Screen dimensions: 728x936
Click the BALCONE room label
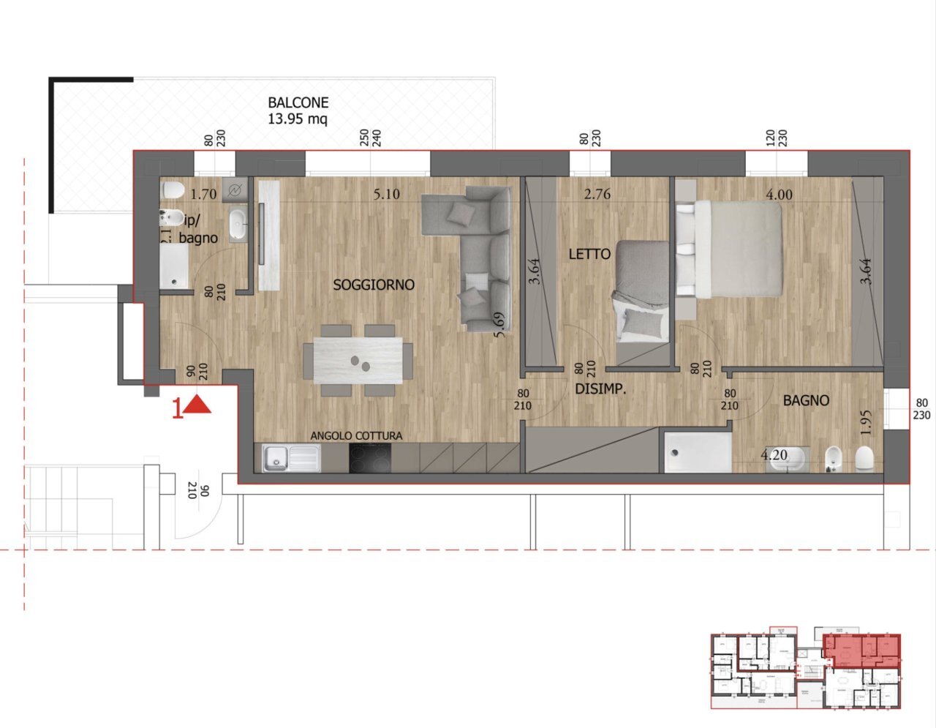click(298, 103)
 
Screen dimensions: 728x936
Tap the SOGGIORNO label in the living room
click(374, 285)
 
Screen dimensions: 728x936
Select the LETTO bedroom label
click(589, 254)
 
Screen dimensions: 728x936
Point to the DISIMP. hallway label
click(600, 389)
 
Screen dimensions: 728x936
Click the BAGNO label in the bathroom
click(806, 400)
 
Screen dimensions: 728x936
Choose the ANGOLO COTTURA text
click(356, 435)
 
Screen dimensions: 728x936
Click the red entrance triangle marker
click(197, 405)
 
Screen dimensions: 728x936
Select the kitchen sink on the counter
click(291, 459)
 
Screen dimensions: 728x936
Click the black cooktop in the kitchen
click(369, 459)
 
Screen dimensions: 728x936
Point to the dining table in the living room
click(358, 361)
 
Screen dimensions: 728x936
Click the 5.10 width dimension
click(386, 195)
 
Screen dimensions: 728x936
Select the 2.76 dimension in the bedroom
click(597, 195)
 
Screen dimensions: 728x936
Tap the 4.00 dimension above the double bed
click(778, 195)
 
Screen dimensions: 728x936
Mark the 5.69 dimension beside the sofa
click(499, 325)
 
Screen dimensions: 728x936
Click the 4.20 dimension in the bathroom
click(774, 455)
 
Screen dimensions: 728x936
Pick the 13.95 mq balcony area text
click(298, 119)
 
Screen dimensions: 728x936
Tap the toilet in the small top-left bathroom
click(173, 191)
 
